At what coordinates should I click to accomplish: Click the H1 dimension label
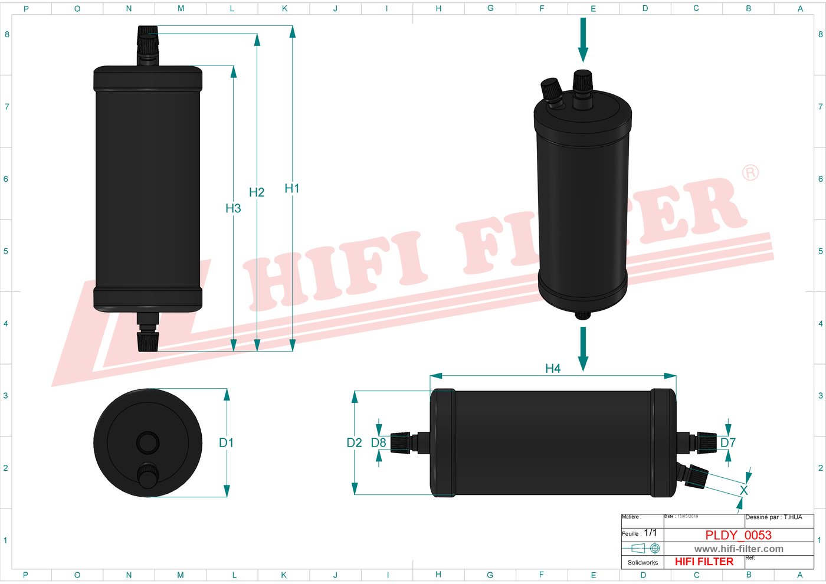[291, 188]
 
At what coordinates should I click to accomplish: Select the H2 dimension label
[257, 192]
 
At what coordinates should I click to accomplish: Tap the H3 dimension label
[233, 208]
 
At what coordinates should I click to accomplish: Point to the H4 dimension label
[553, 369]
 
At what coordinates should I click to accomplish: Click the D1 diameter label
[226, 442]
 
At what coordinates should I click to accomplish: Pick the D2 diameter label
[354, 442]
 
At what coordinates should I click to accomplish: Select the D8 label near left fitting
[378, 442]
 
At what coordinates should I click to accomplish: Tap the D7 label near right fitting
[728, 442]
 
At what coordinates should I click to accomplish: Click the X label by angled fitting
[743, 490]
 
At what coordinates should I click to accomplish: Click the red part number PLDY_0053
[738, 535]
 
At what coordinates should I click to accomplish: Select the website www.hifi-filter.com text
[739, 549]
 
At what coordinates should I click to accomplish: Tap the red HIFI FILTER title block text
[704, 562]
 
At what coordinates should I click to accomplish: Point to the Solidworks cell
[643, 563]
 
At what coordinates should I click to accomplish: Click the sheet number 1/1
[650, 533]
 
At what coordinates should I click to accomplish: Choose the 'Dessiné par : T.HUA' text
[773, 517]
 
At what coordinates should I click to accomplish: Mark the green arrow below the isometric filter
[583, 349]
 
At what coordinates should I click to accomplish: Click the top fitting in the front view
[147, 45]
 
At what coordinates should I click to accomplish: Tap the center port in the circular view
[147, 442]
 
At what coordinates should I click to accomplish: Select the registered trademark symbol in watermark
[750, 173]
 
